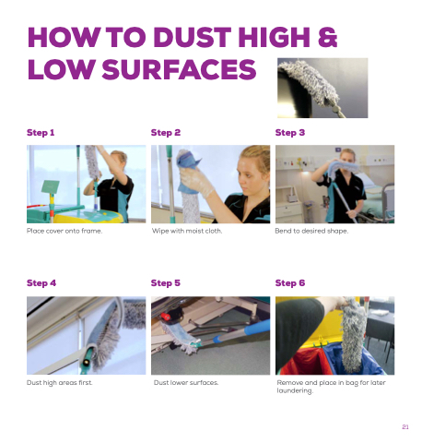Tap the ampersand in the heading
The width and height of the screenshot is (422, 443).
[327, 37]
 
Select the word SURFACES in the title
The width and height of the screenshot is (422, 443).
[179, 69]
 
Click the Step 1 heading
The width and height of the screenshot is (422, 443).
[41, 133]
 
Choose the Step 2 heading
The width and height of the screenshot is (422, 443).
[166, 133]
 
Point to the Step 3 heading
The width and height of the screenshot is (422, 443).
[290, 133]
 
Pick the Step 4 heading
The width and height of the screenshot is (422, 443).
[41, 283]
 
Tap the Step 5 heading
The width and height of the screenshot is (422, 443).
[166, 283]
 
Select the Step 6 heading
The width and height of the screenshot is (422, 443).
[290, 283]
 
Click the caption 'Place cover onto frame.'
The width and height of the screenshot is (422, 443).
[64, 231]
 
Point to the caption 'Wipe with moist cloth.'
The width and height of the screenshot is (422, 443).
[187, 231]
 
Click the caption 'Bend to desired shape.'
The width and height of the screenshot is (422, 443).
[311, 231]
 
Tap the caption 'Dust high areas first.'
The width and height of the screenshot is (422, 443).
[60, 383]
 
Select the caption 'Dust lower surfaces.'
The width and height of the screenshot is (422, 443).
[186, 383]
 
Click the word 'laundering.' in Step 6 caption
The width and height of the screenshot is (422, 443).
[295, 390]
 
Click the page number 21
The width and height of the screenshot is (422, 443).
[405, 426]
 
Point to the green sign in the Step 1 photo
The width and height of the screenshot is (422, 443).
[51, 186]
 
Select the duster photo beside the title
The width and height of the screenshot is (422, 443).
[322, 88]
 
